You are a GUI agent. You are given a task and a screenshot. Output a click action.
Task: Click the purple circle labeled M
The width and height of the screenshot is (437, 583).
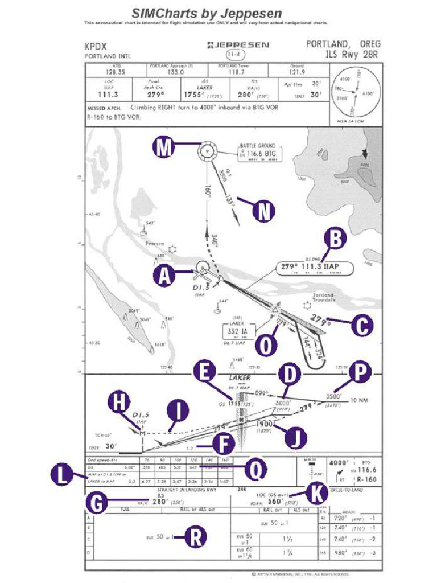tap(164, 149)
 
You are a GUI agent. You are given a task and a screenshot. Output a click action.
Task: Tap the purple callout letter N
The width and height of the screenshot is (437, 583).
tap(263, 211)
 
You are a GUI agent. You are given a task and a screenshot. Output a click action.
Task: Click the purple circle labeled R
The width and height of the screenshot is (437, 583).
tap(195, 536)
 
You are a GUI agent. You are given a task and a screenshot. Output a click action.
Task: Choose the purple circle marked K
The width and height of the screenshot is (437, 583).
tap(315, 494)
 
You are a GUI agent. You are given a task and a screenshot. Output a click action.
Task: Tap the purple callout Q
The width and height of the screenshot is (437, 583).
tap(256, 470)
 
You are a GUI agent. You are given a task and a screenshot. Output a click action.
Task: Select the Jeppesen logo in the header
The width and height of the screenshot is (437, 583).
tap(238, 44)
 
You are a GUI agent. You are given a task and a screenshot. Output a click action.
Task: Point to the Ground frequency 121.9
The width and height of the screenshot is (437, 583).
tap(296, 72)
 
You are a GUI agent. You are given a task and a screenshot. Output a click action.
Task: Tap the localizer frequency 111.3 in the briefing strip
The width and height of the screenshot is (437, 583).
tap(108, 94)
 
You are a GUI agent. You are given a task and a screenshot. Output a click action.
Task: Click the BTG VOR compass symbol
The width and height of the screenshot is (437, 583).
tap(208, 151)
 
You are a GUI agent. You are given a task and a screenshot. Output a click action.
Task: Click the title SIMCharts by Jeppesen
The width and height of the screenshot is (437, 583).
tap(207, 13)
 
